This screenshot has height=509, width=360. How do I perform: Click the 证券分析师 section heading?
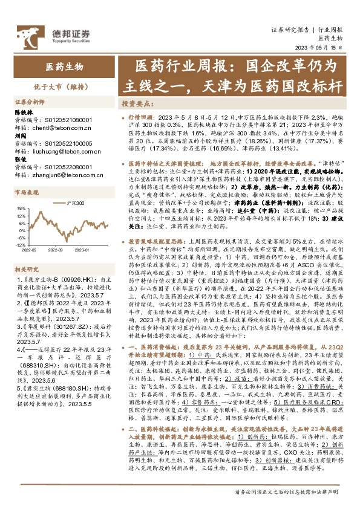click(29, 102)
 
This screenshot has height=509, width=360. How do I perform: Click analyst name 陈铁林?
click(23, 112)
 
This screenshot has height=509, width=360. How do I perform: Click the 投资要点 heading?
click(135, 103)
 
